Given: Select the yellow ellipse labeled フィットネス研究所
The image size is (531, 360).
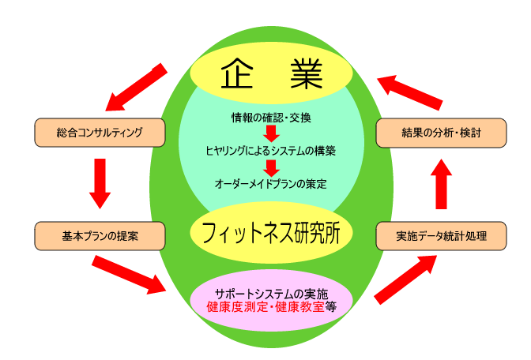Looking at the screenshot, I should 271,233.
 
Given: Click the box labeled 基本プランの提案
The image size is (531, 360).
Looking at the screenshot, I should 100,235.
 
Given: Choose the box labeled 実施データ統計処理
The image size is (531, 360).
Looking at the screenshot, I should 441,235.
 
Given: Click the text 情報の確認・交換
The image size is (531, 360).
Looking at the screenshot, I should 271,118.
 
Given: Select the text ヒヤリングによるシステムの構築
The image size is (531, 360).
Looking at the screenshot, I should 271,150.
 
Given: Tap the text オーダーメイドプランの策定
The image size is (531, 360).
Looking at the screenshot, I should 271,183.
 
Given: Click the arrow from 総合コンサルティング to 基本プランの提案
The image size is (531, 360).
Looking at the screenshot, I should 100,183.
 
